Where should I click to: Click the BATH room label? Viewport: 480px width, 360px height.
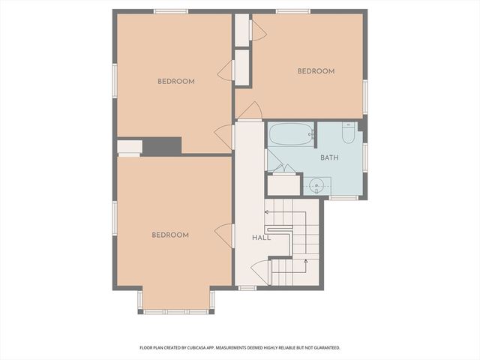click(x=329, y=158)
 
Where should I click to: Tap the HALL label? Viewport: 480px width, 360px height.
click(x=261, y=237)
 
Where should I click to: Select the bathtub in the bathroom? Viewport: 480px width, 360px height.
click(x=291, y=134)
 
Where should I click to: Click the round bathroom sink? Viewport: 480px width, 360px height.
click(x=318, y=184)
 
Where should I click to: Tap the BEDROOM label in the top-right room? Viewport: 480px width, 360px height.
click(x=316, y=71)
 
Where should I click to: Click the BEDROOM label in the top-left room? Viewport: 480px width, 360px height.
click(x=175, y=81)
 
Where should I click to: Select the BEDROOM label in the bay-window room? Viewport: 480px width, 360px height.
click(x=170, y=235)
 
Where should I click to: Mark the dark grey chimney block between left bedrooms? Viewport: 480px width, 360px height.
click(x=161, y=146)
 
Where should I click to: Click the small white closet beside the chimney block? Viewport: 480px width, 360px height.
click(x=129, y=146)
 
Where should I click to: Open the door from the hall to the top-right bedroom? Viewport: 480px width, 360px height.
click(x=250, y=111)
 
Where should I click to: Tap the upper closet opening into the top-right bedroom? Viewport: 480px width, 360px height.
click(x=242, y=29)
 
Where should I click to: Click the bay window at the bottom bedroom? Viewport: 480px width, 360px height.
click(x=176, y=310)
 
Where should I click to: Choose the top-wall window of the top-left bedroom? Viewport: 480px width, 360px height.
click(x=170, y=11)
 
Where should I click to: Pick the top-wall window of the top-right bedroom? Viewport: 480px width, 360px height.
click(x=292, y=11)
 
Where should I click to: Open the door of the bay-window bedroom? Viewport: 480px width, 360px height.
click(x=223, y=235)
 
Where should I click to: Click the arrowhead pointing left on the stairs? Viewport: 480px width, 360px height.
click(x=266, y=212)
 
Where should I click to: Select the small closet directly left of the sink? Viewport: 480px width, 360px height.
click(x=283, y=184)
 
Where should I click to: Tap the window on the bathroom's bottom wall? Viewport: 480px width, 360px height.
click(x=344, y=198)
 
